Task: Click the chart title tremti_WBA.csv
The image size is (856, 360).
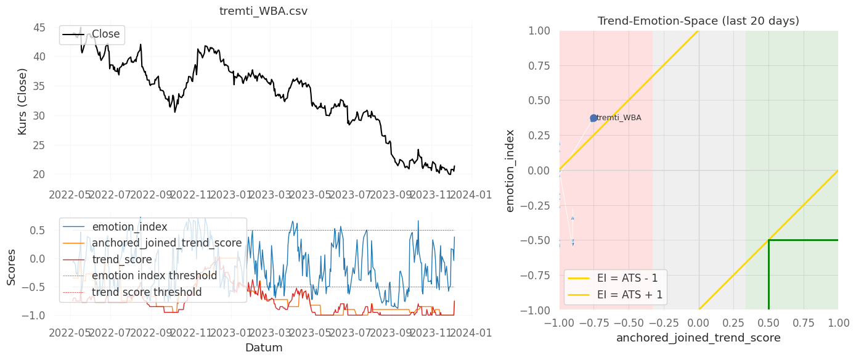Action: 263,11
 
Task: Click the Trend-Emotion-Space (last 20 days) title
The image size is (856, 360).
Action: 698,21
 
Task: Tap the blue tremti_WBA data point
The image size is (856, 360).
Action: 593,118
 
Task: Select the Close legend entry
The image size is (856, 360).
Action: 105,35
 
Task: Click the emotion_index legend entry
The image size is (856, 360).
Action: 129,227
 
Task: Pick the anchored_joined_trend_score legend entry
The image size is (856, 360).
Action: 166,243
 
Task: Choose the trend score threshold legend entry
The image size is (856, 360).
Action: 147,292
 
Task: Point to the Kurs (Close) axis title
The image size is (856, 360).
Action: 22,102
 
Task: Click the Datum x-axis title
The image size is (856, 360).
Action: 263,348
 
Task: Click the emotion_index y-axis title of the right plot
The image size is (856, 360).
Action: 510,170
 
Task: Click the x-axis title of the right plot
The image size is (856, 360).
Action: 698,338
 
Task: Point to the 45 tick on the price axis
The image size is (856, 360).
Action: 38,28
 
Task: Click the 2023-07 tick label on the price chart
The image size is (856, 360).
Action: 351,195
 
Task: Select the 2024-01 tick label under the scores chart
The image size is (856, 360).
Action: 472,333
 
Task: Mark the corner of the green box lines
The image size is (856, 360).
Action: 768,240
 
